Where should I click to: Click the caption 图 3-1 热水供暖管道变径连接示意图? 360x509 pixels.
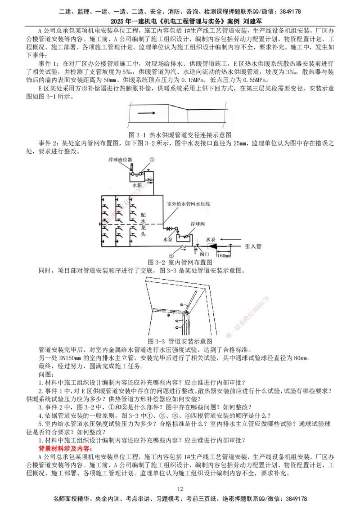click(180, 135)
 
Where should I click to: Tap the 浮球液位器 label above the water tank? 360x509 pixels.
click(120, 160)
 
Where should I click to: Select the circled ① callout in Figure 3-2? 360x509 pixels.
click(152, 160)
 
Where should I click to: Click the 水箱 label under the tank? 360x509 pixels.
click(137, 185)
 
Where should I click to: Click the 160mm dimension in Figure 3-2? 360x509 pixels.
click(223, 255)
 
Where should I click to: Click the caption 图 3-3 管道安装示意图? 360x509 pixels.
click(180, 341)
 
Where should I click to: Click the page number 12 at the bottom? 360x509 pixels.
click(180, 489)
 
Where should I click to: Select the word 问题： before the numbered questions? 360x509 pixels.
click(46, 374)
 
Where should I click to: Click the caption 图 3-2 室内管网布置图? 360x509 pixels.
click(180, 262)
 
